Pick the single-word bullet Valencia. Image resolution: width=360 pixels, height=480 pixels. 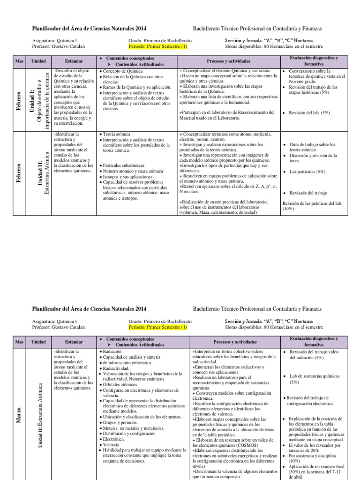[x=112, y=444]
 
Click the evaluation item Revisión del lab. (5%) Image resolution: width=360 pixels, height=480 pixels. [x=310, y=113]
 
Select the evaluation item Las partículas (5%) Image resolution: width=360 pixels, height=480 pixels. [x=307, y=172]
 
